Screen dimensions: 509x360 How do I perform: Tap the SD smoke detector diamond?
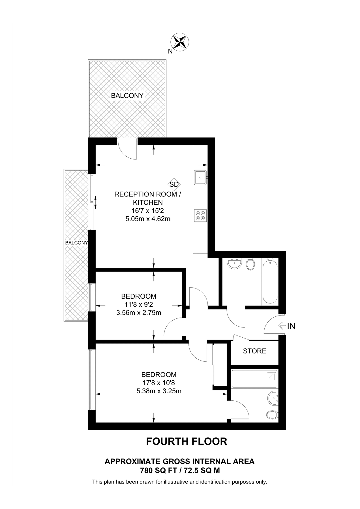174,184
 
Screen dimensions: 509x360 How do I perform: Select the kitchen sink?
200,178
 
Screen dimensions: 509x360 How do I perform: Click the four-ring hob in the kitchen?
200,215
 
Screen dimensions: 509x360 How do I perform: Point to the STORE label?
254,351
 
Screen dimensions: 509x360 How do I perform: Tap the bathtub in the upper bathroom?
270,282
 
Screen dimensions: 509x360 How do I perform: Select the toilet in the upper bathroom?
250,264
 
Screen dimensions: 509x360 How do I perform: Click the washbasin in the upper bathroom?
234,264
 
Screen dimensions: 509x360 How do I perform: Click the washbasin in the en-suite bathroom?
273,398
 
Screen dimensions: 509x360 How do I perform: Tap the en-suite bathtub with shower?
254,379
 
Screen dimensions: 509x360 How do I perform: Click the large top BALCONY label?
127,96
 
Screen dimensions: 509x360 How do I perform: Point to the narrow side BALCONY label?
76,243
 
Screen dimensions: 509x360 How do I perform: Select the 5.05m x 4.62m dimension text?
147,219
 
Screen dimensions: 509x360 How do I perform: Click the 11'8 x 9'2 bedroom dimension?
138,305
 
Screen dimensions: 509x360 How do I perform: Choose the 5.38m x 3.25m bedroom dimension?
158,391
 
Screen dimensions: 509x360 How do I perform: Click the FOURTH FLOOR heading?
187,441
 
